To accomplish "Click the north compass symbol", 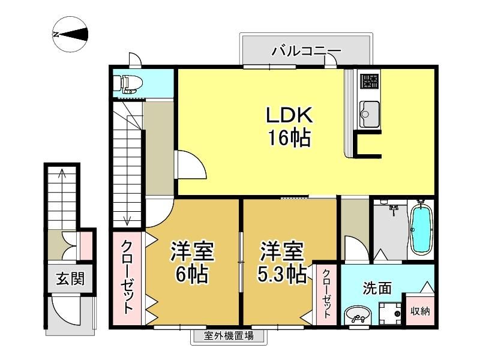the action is tap(70, 34).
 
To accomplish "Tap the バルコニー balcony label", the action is tap(307, 51).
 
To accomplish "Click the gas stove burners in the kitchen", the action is tap(370, 81).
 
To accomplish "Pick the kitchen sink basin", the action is tap(369, 113).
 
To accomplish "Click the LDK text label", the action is tap(289, 115).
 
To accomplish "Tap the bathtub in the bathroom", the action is tap(421, 228).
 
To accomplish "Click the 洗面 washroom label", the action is tap(377, 288).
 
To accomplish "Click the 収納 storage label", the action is tap(420, 311).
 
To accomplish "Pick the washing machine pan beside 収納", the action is tap(389, 313).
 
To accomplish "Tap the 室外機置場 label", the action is tap(229, 336).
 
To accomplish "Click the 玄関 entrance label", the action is tap(70, 279).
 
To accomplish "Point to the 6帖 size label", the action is tap(191, 274).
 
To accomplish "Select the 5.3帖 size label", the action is tap(282, 274).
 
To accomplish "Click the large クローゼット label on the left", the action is tap(127, 278).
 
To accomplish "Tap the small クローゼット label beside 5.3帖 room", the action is tap(326, 294).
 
